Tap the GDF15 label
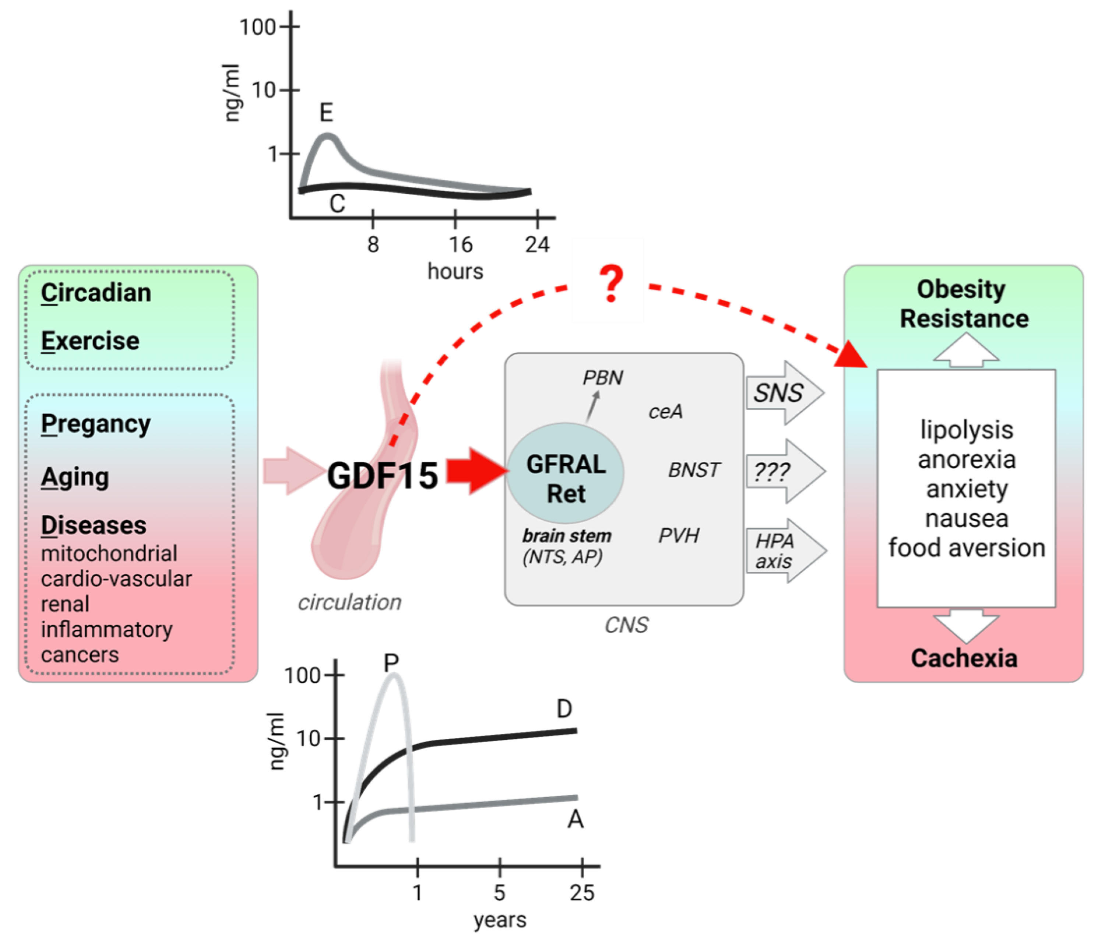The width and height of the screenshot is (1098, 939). coord(382,475)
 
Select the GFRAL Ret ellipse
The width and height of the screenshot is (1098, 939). coord(566,473)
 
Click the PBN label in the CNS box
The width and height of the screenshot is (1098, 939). coord(602,378)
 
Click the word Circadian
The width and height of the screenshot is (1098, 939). coord(96,292)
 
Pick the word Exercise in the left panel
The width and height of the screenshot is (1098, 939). coord(90,341)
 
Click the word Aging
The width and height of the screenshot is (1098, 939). coord(75,477)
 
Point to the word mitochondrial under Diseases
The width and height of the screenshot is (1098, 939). coord(109,553)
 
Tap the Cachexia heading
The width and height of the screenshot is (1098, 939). coord(964,658)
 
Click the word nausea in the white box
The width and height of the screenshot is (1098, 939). coord(967,518)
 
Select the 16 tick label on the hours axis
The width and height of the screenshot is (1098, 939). coord(460,244)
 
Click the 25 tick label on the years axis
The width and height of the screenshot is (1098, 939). coord(582,893)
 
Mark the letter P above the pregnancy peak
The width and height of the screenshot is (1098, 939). coord(391,662)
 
